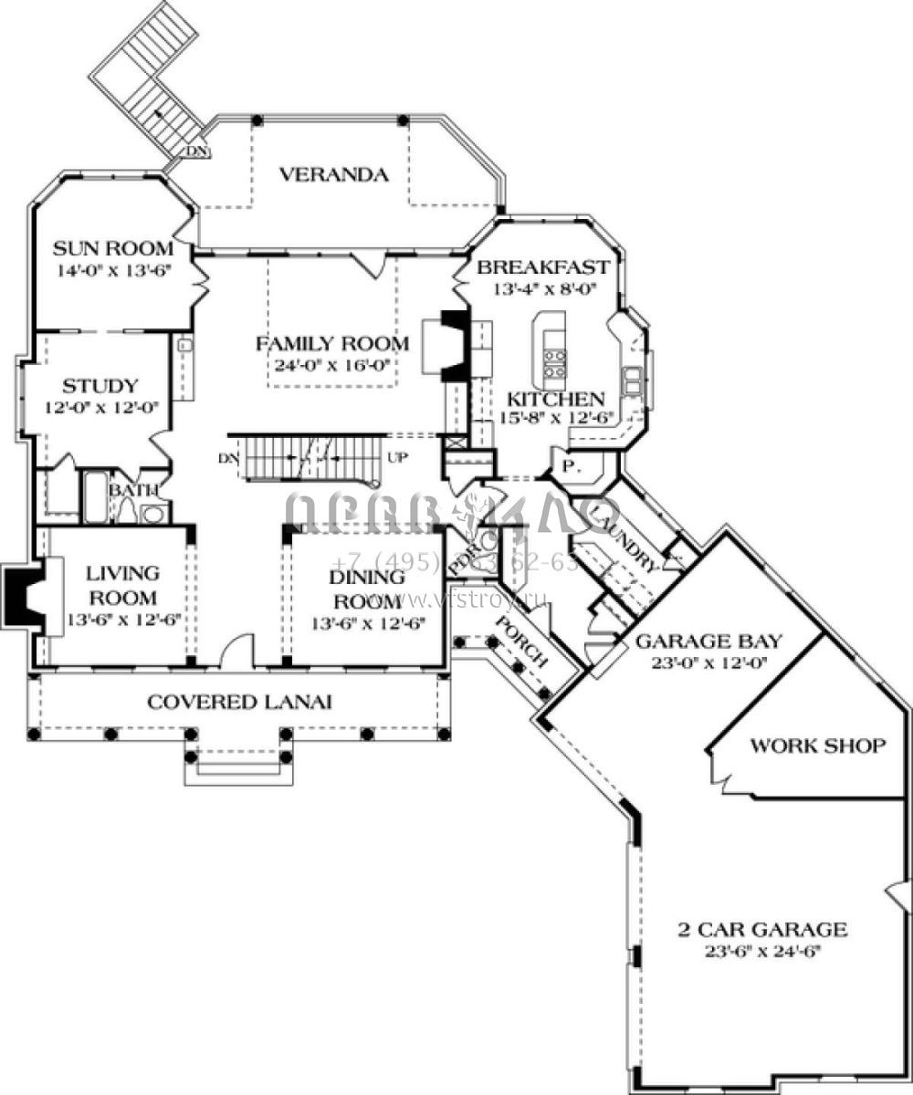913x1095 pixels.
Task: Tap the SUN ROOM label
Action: pyautogui.click(x=112, y=248)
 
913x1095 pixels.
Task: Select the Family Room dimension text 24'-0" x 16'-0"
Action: pyautogui.click(x=331, y=366)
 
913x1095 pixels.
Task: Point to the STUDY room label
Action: pyautogui.click(x=100, y=385)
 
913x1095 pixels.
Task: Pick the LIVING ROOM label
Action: pyautogui.click(x=123, y=586)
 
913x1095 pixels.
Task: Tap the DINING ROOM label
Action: pyautogui.click(x=366, y=589)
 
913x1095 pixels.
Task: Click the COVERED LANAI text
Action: pyautogui.click(x=239, y=702)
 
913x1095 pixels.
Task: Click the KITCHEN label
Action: pyautogui.click(x=555, y=399)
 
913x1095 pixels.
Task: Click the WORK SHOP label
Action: pyautogui.click(x=817, y=746)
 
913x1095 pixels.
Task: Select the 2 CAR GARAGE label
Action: pyautogui.click(x=761, y=931)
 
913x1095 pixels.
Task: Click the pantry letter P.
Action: pyautogui.click(x=569, y=464)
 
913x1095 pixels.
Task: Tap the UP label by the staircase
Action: pyautogui.click(x=397, y=456)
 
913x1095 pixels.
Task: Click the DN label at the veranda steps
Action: pyautogui.click(x=195, y=151)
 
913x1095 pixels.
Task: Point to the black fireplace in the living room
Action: pyautogui.click(x=18, y=597)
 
